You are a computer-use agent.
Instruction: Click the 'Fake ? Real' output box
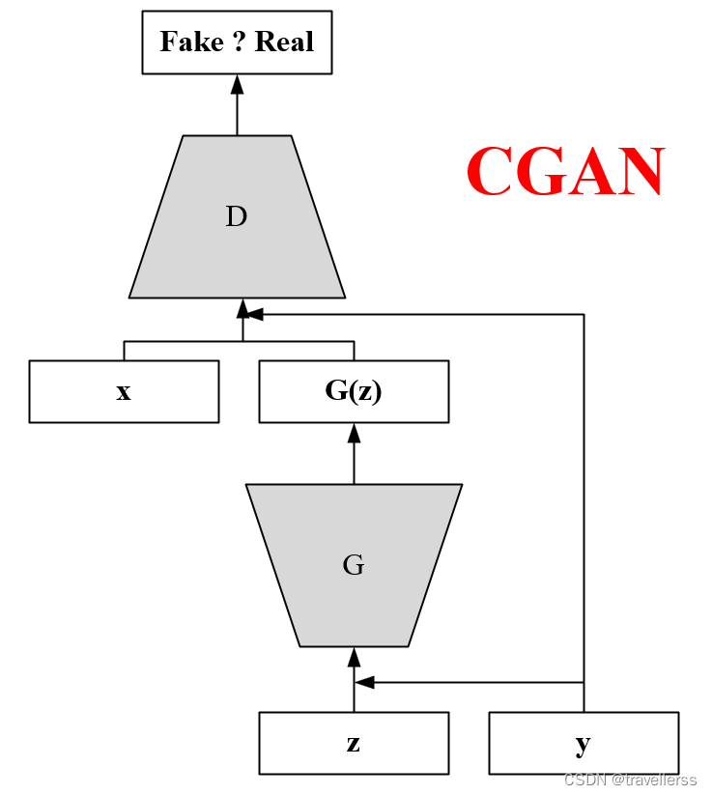point(237,43)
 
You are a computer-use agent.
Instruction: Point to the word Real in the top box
point(284,43)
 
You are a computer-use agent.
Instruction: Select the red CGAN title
point(565,173)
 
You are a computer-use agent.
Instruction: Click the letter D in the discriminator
point(237,217)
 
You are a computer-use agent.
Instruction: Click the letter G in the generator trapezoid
point(354,565)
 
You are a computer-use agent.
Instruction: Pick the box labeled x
point(124,391)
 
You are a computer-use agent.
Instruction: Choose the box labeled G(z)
point(354,391)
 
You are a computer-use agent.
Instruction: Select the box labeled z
point(354,743)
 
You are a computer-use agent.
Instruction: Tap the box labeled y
point(584,743)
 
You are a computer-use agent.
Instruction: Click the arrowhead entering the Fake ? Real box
point(237,84)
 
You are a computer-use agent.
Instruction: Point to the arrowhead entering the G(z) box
point(354,433)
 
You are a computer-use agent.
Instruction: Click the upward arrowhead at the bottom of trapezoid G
point(354,658)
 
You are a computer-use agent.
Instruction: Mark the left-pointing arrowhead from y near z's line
point(364,682)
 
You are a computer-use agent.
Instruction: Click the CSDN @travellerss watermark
point(630,780)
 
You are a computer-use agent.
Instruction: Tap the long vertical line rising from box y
point(584,502)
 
